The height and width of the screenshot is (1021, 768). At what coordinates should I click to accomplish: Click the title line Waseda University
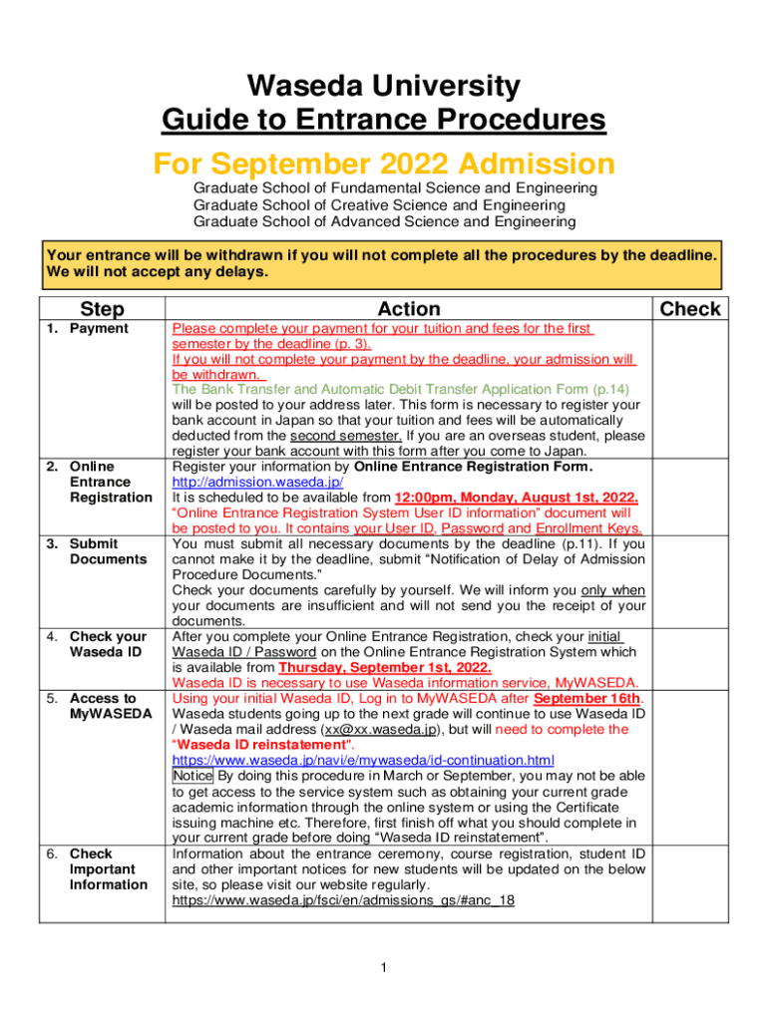point(383,87)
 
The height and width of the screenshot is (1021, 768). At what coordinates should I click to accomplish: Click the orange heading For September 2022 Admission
point(383,163)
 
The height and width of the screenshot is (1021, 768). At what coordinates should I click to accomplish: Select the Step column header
point(102,309)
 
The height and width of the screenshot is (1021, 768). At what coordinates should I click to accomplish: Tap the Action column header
point(409,309)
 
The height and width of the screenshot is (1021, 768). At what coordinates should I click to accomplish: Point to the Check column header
point(691,309)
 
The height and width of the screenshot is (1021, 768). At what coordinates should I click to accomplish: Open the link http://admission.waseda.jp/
point(258,483)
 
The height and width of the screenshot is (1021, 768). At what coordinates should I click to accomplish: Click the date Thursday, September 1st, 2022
point(385,668)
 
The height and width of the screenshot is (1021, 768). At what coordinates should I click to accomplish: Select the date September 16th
point(587,699)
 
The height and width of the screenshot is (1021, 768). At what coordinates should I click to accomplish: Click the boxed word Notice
point(192,776)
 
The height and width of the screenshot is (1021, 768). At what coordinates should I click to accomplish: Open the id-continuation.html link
point(363,761)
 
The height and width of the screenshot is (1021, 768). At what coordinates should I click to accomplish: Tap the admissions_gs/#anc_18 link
point(343,899)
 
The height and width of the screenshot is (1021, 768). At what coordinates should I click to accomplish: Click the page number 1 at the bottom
point(384,967)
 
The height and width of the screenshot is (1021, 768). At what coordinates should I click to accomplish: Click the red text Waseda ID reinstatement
point(263,745)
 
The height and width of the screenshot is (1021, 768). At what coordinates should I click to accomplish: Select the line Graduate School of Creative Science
point(379,204)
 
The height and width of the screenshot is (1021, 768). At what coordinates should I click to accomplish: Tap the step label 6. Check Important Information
point(100,869)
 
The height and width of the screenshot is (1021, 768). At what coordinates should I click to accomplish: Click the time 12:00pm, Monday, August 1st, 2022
point(517,498)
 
